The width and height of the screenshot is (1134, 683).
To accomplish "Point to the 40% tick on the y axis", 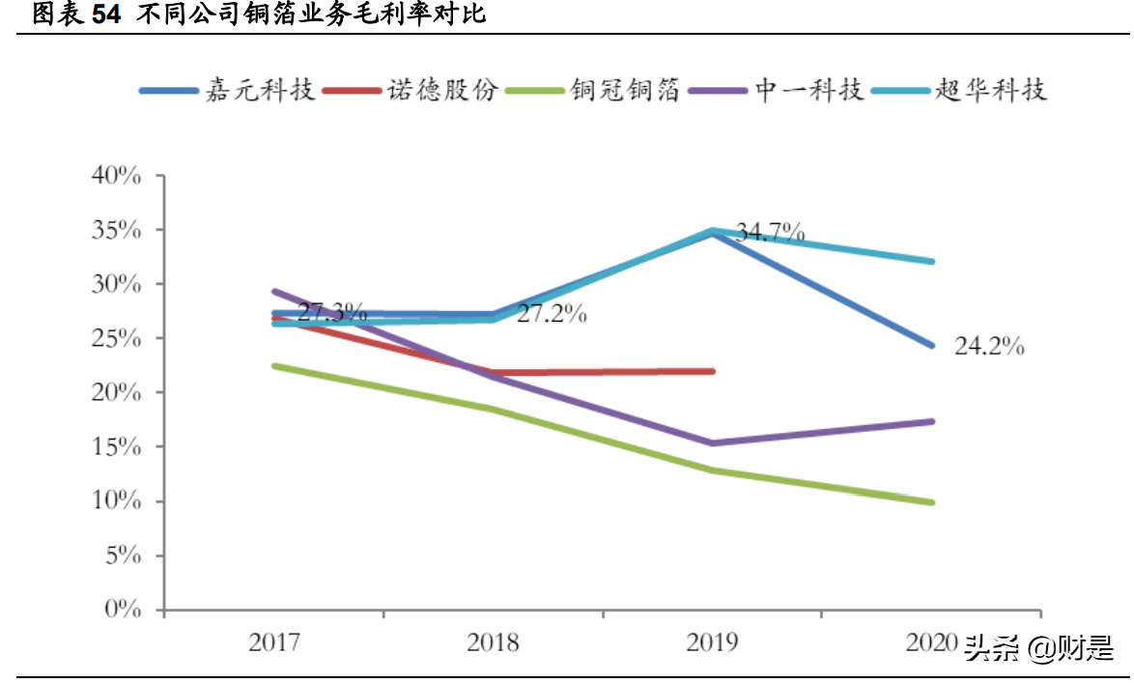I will click(116, 177).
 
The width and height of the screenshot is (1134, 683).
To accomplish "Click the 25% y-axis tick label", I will click(116, 339).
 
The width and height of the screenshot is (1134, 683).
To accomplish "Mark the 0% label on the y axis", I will click(122, 610).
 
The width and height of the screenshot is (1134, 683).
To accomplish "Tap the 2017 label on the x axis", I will click(274, 642).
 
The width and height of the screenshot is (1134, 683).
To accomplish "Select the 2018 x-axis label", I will click(493, 642).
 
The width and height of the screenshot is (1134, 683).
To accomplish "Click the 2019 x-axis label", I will click(712, 642).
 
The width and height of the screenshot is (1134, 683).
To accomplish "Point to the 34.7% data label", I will click(770, 232).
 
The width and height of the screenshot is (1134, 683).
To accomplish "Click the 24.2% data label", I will click(989, 347).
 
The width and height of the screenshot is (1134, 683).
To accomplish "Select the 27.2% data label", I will click(552, 315).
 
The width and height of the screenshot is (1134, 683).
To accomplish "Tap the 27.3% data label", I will click(331, 312).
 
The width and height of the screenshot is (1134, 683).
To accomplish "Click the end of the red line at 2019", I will click(713, 371).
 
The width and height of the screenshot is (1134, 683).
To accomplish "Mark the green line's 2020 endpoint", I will click(932, 502).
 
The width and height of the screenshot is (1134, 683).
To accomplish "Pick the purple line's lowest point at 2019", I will click(713, 443).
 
